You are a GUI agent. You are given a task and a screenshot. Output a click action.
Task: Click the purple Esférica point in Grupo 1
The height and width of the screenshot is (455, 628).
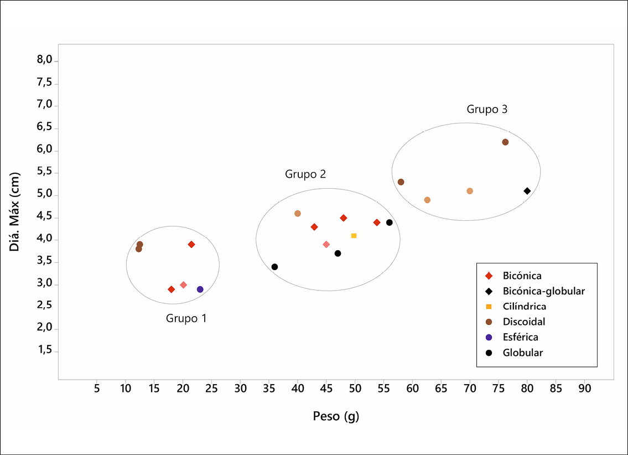200,289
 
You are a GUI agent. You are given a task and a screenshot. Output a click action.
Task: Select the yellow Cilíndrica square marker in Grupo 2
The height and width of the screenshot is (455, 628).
354,236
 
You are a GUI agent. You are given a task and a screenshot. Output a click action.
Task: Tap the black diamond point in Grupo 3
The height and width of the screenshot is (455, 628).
527,191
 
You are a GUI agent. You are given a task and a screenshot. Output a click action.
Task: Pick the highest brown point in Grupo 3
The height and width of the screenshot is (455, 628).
505,142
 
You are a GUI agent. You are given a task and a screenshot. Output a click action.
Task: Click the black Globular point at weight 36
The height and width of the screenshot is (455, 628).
274,267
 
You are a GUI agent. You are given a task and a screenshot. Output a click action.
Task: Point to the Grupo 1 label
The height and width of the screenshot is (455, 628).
186,319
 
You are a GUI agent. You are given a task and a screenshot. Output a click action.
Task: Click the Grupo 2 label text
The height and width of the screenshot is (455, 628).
305,174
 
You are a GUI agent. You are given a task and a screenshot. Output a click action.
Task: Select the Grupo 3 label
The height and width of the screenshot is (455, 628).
487,110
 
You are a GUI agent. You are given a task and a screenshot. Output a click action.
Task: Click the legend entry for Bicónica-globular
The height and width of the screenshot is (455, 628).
543,291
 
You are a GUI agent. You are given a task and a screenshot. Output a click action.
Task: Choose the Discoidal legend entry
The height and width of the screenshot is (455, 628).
524,322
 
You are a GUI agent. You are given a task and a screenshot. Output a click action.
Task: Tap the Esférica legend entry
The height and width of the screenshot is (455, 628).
520,337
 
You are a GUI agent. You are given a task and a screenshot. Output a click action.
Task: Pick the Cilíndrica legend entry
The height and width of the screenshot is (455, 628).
525,307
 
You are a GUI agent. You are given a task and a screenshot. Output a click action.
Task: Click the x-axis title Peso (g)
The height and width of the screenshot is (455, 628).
336,416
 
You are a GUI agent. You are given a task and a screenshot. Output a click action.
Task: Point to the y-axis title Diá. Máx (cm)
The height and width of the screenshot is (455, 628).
15,211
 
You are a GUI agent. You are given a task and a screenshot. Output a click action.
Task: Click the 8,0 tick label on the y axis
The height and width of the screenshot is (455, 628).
44,60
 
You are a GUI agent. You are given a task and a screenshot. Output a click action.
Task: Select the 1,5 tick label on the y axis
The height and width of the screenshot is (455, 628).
44,351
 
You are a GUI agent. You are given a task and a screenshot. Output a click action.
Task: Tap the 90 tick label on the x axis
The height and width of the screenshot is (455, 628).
584,389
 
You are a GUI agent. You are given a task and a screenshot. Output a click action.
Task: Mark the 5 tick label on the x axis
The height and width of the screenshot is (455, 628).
97,389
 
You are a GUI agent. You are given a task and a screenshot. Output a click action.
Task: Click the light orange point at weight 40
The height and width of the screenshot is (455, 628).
298,214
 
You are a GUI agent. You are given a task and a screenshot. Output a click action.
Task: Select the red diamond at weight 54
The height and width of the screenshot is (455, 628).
377,223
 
